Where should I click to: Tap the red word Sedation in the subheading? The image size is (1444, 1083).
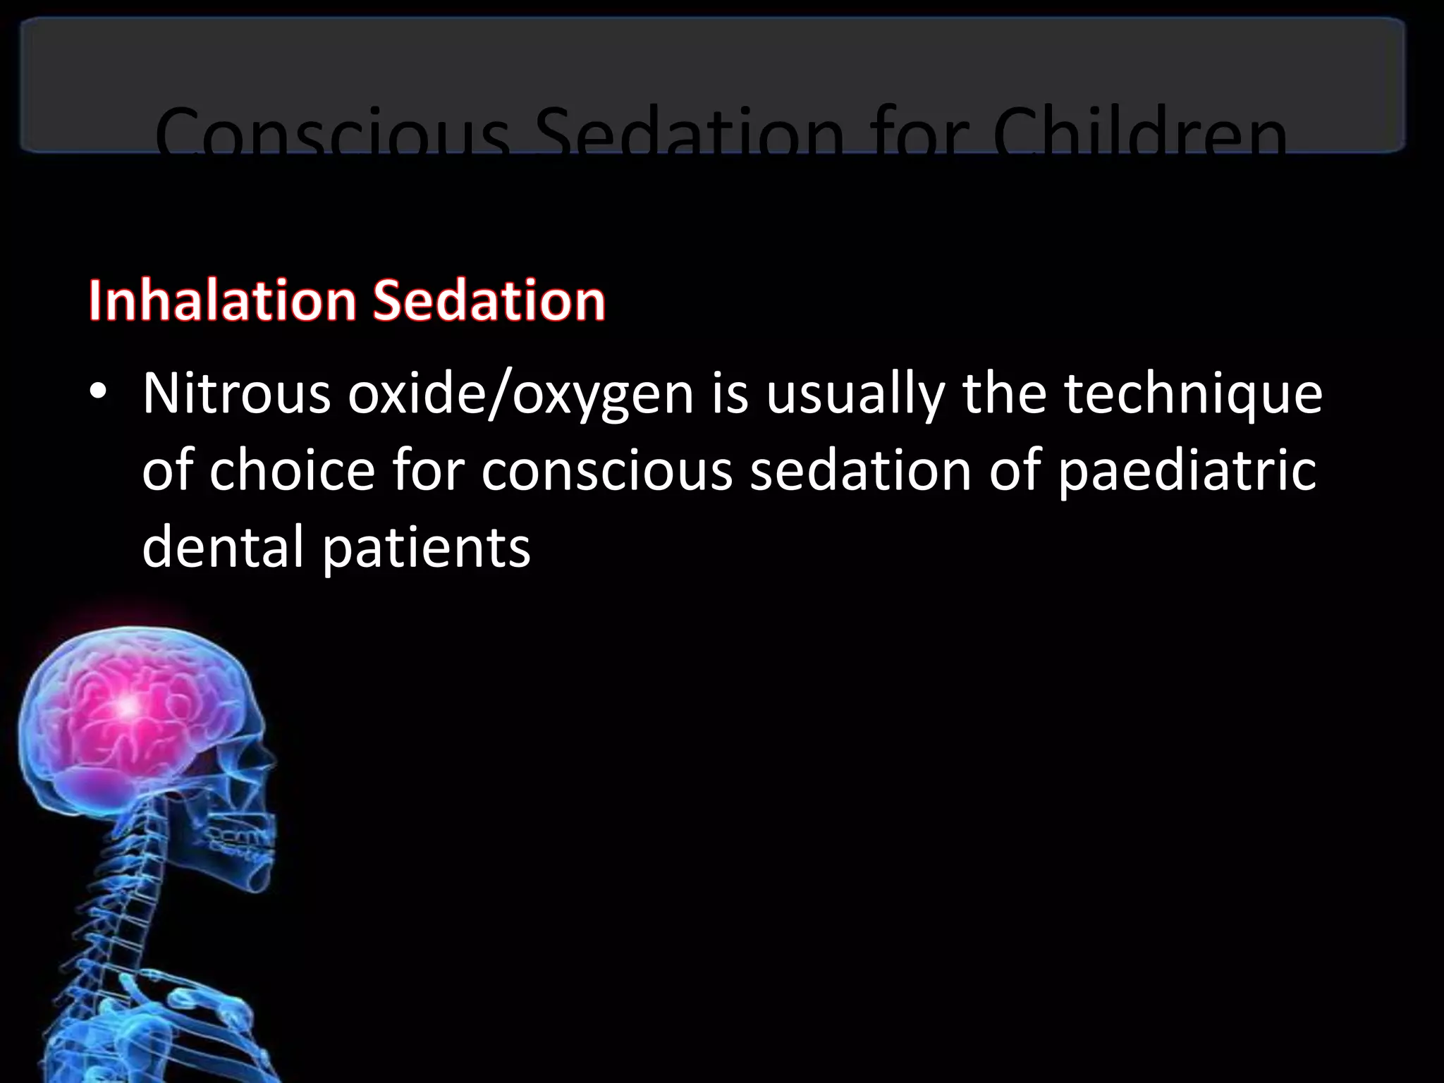(489, 301)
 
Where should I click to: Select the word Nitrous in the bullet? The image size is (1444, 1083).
(236, 393)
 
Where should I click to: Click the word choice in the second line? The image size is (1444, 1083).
(292, 471)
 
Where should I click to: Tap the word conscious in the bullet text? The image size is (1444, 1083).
(607, 471)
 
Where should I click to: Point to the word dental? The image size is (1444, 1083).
(223, 547)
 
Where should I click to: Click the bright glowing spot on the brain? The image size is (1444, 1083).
(127, 705)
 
